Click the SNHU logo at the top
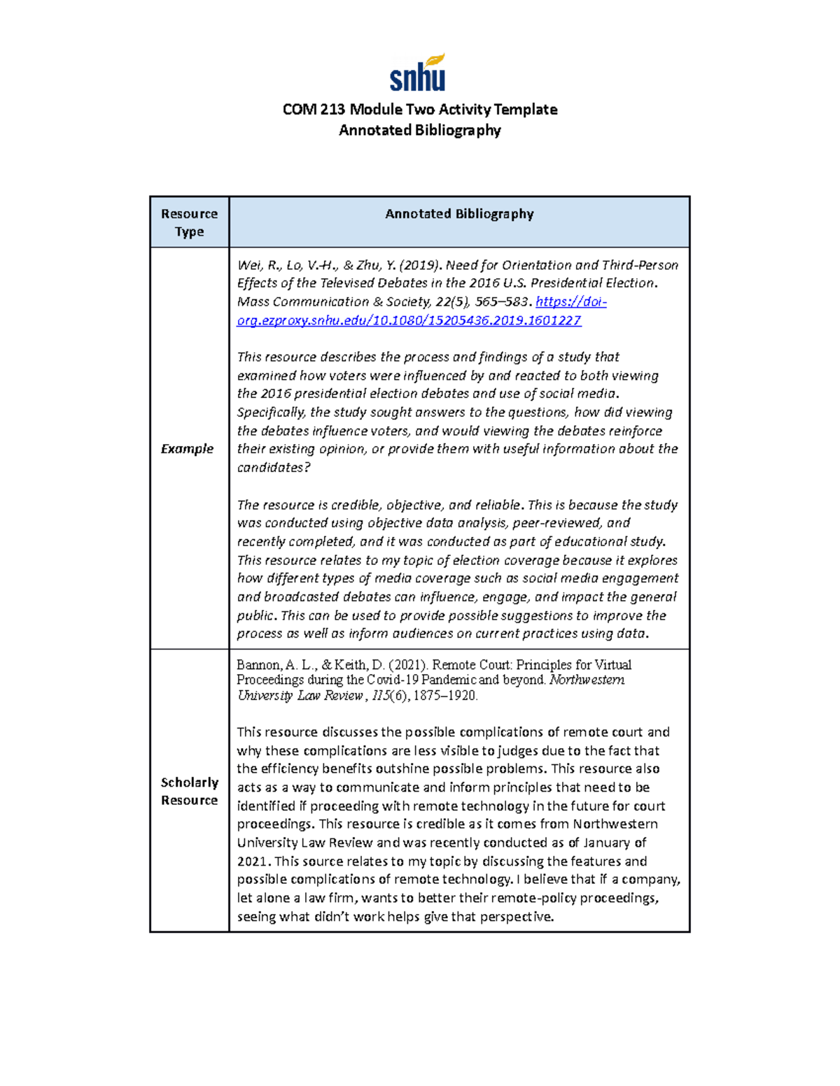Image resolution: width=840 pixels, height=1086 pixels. tap(418, 73)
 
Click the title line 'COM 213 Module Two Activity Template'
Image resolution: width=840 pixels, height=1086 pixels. tap(419, 109)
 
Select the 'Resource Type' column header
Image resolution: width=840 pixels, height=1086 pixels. tap(189, 222)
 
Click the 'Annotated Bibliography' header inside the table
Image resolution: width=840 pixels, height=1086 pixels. tap(459, 214)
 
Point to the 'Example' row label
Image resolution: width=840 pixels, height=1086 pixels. tap(187, 449)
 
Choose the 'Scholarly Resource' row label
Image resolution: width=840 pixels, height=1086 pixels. tap(189, 791)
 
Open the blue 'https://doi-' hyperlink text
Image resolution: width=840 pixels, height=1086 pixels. tap(570, 301)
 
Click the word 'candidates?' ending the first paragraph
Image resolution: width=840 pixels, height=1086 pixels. tap(273, 467)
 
